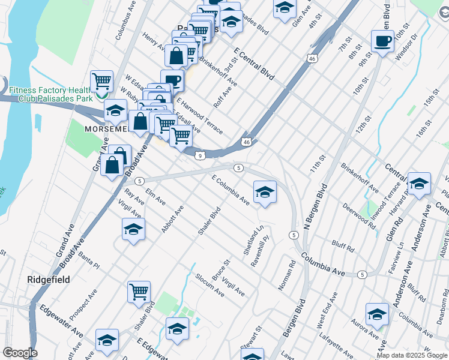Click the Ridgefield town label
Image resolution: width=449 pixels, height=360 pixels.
click(49, 280)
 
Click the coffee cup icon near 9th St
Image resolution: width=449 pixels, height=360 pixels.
click(382, 41)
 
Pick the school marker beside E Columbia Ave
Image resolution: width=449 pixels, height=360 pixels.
click(265, 193)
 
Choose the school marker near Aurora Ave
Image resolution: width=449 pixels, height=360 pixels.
click(378, 314)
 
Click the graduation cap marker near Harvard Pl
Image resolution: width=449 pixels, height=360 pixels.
click(419, 184)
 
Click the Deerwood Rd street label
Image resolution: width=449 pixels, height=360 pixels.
click(359, 217)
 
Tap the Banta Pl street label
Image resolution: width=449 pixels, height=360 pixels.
click(88, 259)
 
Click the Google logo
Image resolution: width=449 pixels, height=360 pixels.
click(20, 353)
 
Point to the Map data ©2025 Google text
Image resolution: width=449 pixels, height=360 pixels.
click(411, 355)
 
